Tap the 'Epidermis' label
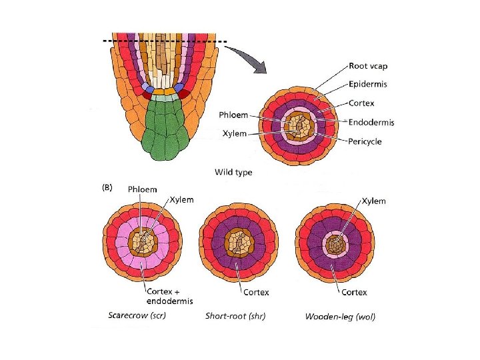369,84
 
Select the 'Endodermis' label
372,122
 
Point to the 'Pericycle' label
365,141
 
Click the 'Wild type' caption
233,172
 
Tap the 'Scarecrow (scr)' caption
137,315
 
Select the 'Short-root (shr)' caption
235,315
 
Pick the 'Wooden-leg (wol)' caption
340,315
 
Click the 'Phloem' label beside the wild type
235,115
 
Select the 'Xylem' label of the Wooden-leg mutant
373,201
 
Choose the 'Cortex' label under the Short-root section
256,292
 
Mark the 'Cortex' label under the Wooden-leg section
354,292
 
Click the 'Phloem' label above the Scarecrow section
143,189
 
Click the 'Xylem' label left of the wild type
234,133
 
